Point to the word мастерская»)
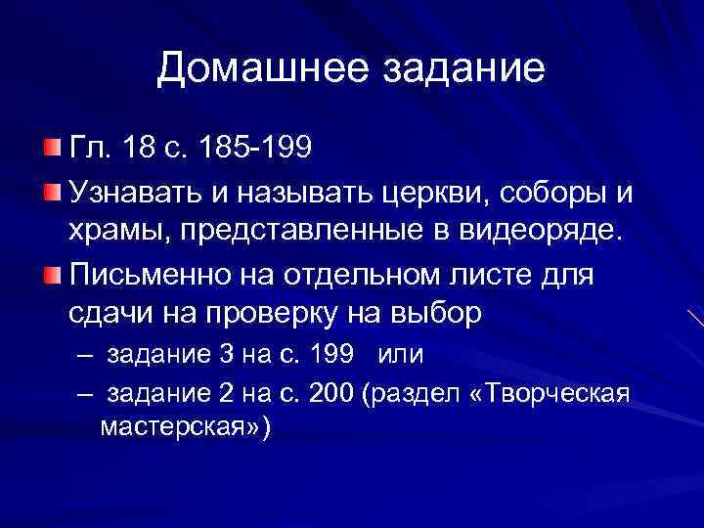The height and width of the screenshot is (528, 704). coord(186,428)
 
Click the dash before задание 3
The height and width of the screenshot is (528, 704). coord(84,351)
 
